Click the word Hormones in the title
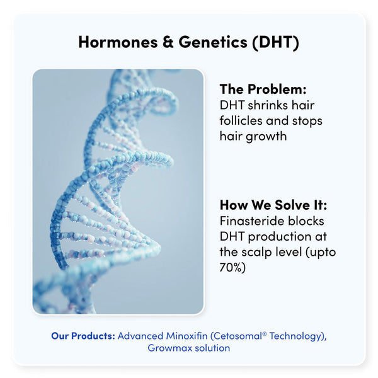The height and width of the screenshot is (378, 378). (118, 42)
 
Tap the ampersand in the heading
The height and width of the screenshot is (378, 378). (168, 42)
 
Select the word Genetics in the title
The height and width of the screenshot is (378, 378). (213, 42)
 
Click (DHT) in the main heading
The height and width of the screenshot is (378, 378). (275, 43)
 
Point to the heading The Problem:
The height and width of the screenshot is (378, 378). (263, 89)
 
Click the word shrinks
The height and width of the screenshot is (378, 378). (268, 105)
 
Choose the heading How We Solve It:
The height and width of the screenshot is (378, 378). (273, 205)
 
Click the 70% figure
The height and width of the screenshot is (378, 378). (232, 268)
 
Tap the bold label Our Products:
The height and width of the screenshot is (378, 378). (83, 336)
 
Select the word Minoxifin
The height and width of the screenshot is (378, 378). (187, 336)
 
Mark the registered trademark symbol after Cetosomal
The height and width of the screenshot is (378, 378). (265, 334)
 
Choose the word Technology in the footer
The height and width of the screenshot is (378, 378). (296, 336)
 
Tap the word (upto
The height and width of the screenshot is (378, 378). (321, 253)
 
